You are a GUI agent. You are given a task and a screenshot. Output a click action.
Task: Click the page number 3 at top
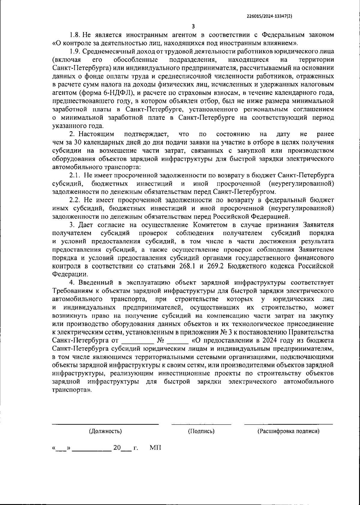pyautogui.click(x=193, y=26)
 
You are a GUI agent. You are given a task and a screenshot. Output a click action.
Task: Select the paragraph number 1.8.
pyautogui.click(x=75, y=35)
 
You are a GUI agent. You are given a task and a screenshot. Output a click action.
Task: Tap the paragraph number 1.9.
pyautogui.click(x=75, y=52)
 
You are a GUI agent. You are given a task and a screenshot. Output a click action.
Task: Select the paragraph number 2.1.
pyautogui.click(x=75, y=175)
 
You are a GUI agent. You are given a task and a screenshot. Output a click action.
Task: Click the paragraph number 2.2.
pyautogui.click(x=75, y=200)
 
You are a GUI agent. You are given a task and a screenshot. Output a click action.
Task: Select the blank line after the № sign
pyautogui.click(x=177, y=341)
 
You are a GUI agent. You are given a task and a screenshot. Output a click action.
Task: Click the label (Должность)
pyautogui.click(x=105, y=431)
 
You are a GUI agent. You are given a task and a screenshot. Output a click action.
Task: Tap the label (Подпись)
pyautogui.click(x=201, y=431)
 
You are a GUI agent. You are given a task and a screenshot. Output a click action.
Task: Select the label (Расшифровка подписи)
pyautogui.click(x=288, y=431)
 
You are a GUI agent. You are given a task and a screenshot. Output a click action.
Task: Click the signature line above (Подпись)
pyautogui.click(x=201, y=424)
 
